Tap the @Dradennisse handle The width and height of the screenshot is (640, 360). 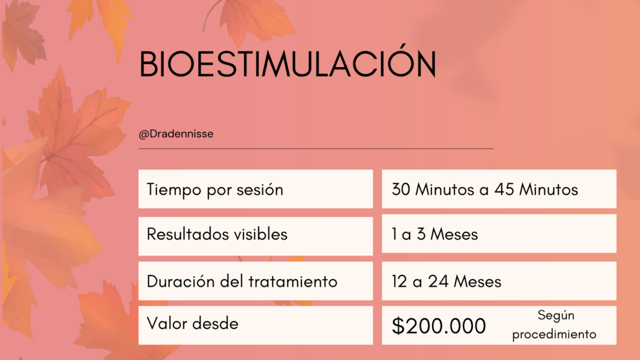click(176, 134)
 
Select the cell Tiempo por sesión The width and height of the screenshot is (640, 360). click(255, 189)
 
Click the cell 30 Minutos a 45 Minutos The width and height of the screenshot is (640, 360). click(499, 189)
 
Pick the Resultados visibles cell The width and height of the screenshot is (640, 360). click(255, 236)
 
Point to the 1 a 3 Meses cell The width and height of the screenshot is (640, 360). click(499, 234)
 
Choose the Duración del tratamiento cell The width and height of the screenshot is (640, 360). click(255, 281)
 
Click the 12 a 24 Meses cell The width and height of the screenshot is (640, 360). click(499, 281)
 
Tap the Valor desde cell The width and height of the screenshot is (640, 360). click(255, 325)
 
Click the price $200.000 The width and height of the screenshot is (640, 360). click(439, 326)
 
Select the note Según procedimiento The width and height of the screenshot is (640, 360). click(554, 325)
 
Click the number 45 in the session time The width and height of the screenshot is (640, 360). click(505, 190)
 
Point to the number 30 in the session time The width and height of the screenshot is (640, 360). click(401, 190)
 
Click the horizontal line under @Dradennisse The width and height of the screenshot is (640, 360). click(316, 149)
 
